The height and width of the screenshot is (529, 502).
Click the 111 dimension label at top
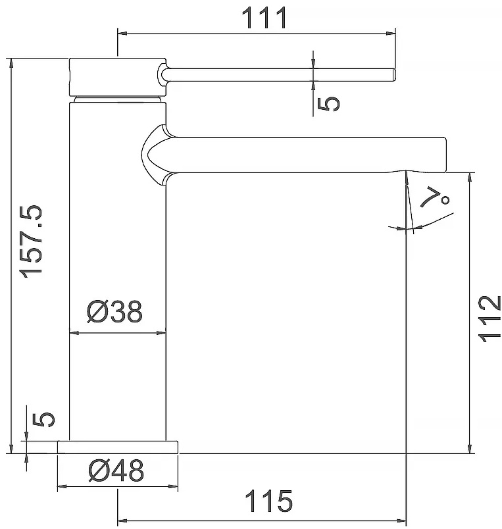pyautogui.click(x=264, y=18)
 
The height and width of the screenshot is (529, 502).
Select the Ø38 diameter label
pyautogui.click(x=114, y=311)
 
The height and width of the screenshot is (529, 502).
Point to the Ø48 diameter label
pyautogui.click(x=116, y=470)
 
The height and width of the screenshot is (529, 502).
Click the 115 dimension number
pyautogui.click(x=268, y=501)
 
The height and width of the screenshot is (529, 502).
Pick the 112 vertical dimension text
pyautogui.click(x=489, y=319)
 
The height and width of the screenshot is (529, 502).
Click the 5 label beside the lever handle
pyautogui.click(x=328, y=103)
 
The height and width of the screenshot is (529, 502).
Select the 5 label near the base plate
pyautogui.click(x=43, y=420)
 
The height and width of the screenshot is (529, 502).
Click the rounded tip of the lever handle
pyautogui.click(x=393, y=74)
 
